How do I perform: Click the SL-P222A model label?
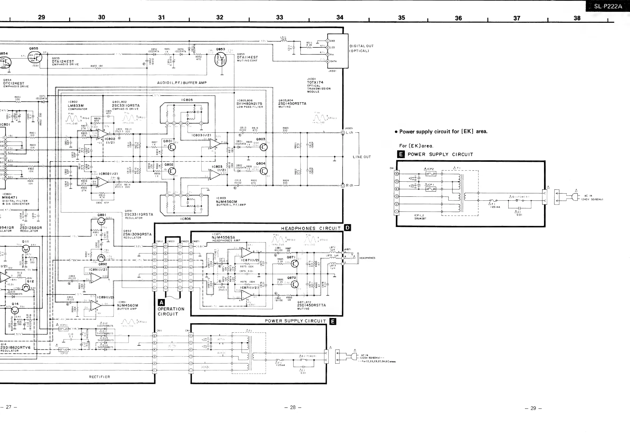pos(608,6)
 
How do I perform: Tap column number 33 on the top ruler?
pos(279,17)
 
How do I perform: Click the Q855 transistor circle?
pos(35,57)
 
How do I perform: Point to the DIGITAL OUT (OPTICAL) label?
pos(361,48)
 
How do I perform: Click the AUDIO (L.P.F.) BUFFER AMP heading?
pos(182,83)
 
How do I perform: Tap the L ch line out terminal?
pos(343,133)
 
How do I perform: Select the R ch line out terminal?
pos(343,186)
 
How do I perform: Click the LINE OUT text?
pos(362,157)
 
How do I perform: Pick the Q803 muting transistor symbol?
pos(264,148)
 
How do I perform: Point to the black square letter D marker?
pos(347,228)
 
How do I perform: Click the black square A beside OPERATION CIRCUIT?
pos(161,303)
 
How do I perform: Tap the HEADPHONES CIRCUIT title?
pos(311,229)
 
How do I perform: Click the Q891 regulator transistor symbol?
pos(101,221)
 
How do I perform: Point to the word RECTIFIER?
pos(99,377)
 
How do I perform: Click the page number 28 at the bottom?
pos(293,408)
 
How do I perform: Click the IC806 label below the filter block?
pos(185,219)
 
